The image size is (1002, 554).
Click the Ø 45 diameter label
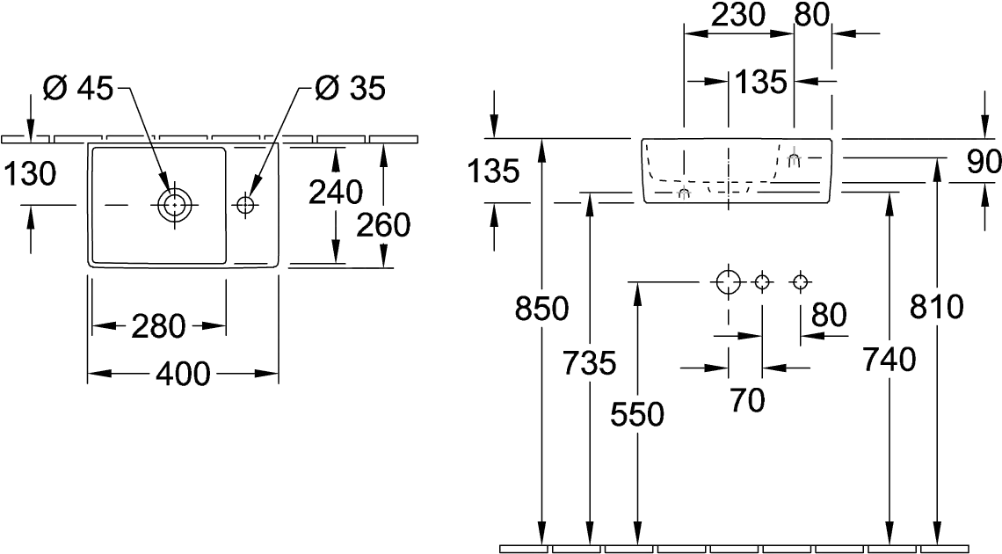77,89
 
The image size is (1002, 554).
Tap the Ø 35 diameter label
350,89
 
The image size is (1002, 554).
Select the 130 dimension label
30,175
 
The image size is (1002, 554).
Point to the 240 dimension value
337,191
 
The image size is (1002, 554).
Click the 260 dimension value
383,226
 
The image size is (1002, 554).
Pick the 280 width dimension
160,326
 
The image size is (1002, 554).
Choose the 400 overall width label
183,375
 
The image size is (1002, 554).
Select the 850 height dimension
543,310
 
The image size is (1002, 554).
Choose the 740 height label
889,359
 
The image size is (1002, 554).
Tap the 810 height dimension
937,308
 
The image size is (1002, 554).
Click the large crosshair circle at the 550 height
727,282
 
